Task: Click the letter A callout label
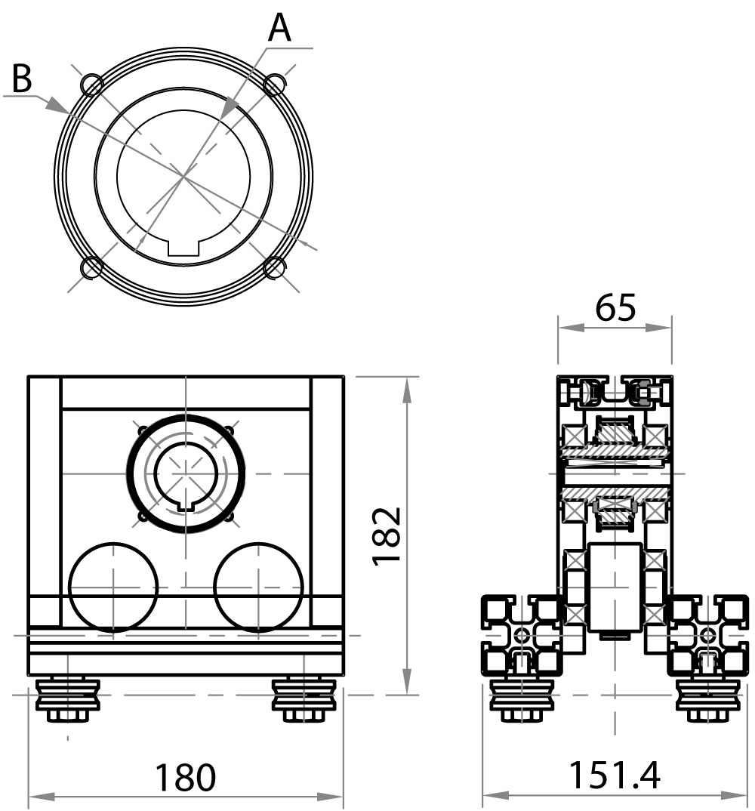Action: point(279,28)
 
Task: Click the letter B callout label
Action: point(22,78)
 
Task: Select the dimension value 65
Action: point(615,308)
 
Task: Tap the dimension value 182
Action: point(387,536)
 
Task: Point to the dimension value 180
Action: point(185,777)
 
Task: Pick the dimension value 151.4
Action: point(615,776)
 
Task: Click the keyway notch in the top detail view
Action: point(183,248)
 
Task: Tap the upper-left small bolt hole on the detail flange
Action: point(92,85)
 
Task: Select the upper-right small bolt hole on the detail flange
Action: point(275,85)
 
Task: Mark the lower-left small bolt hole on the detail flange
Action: point(92,267)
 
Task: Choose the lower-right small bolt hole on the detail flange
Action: point(275,268)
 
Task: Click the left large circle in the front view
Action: point(113,587)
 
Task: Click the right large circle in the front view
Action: point(258,587)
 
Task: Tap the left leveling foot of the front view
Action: point(68,700)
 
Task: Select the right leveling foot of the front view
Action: point(304,700)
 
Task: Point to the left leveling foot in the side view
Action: point(522,701)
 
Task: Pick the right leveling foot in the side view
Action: point(708,701)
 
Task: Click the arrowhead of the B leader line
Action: point(55,105)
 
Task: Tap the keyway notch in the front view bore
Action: point(186,505)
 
